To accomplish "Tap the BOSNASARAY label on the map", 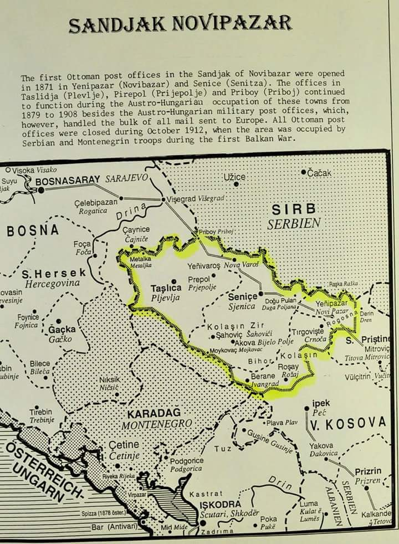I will [68, 180].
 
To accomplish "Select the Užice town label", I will [234, 177].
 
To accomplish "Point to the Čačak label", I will [319, 173].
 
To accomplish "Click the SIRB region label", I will [294, 209].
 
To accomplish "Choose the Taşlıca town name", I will [166, 288].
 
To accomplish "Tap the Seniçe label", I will [243, 297].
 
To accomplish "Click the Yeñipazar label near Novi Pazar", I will [331, 304].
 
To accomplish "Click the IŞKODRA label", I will [220, 505].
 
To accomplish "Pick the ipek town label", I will [321, 403].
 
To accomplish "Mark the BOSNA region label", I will [33, 230].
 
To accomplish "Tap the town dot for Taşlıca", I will [173, 281].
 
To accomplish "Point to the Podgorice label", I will [186, 460].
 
